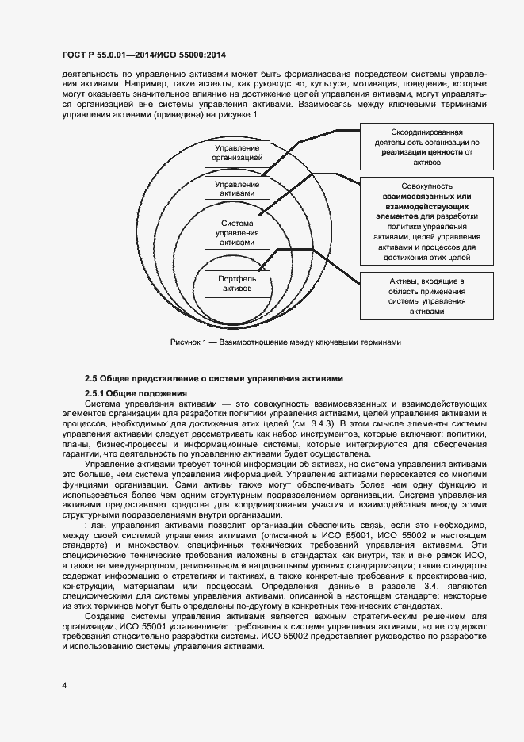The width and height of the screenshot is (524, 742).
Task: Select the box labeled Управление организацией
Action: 236,154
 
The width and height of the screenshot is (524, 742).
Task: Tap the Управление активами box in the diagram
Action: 236,189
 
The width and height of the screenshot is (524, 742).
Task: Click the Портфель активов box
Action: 237,284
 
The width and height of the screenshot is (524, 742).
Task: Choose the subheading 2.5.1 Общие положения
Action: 135,393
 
